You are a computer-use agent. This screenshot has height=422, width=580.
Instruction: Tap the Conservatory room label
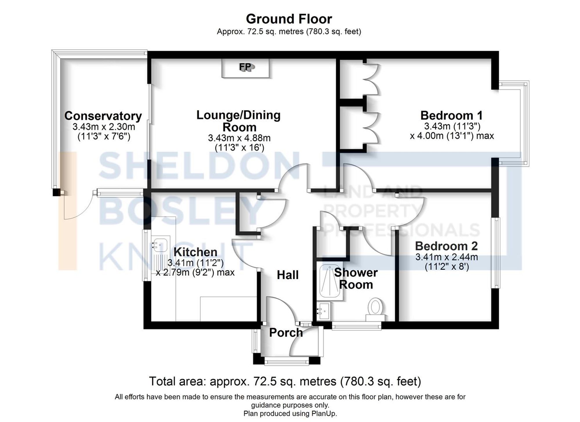103,116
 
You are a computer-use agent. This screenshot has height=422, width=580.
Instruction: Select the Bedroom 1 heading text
451,115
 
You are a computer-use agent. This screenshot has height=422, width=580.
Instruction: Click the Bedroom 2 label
446,246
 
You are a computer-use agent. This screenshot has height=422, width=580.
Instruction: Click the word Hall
287,275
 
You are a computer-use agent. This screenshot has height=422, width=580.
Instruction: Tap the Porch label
286,332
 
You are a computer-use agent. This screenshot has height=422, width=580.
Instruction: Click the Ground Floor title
289,19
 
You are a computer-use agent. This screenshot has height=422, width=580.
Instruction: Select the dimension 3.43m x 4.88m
239,138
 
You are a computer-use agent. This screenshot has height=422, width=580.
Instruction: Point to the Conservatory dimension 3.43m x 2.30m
104,127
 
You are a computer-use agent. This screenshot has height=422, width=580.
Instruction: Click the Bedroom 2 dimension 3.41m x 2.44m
446,257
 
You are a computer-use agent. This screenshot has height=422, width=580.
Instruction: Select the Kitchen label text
195,252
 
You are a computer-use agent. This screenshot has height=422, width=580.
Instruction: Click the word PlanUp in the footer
323,413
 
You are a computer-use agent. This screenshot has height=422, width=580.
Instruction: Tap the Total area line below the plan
285,381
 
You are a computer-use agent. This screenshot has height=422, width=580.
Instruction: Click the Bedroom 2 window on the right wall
497,253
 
